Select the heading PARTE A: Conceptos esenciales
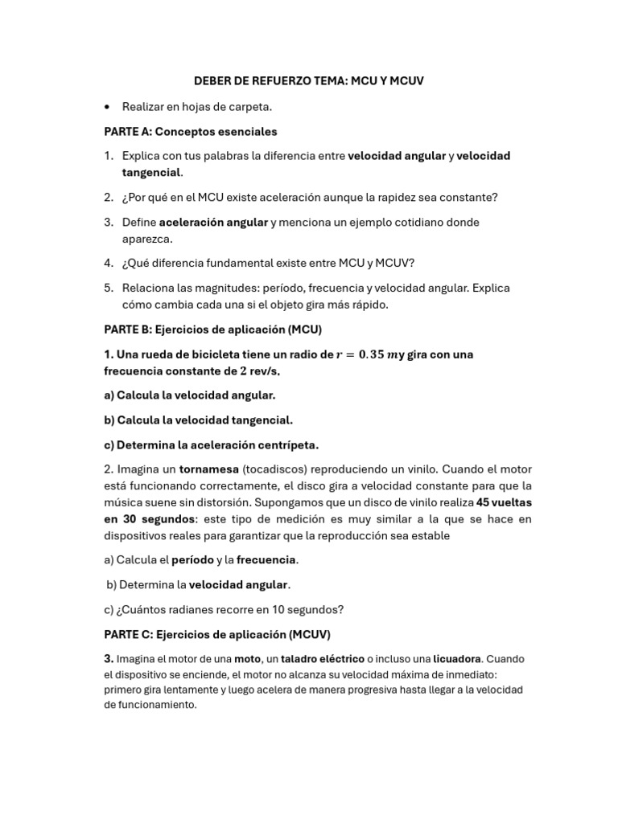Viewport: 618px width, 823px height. [191, 131]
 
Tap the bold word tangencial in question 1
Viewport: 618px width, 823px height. [151, 172]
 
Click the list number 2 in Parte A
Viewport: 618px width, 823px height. [108, 197]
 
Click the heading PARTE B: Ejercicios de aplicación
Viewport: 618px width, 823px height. [213, 330]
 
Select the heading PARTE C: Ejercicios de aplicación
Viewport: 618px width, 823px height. [217, 634]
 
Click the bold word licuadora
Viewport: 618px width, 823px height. [456, 659]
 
